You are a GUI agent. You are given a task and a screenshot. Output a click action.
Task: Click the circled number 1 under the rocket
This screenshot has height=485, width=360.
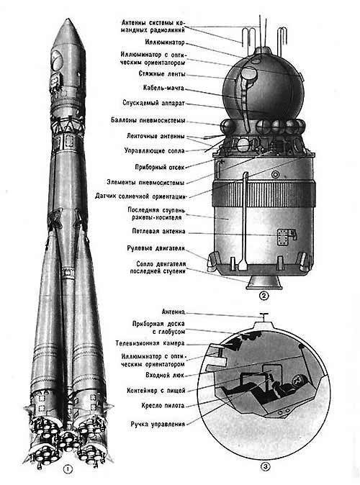(x=68, y=469)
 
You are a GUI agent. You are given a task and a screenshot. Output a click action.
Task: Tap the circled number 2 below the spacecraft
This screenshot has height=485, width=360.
(x=264, y=296)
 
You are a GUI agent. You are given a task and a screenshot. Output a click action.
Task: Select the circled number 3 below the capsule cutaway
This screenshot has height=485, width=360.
(x=265, y=466)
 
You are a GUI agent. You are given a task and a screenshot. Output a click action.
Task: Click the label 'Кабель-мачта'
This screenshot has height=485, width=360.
(x=163, y=88)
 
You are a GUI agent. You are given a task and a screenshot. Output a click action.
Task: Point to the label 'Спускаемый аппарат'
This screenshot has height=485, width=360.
(x=153, y=103)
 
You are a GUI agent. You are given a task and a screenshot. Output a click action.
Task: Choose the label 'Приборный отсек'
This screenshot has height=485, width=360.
(x=160, y=167)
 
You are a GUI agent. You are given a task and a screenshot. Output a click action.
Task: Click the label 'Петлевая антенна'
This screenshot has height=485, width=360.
(x=158, y=231)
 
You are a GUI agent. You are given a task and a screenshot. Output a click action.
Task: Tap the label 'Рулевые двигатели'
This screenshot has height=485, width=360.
(x=156, y=248)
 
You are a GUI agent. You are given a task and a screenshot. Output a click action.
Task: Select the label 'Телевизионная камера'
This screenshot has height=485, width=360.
(x=150, y=343)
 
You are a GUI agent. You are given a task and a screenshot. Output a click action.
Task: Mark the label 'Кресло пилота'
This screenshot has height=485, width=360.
(x=163, y=405)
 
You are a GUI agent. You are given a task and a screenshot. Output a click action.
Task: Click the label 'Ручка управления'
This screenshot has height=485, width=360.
(x=158, y=424)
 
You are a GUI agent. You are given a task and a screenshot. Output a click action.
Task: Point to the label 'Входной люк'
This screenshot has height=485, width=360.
(x=165, y=375)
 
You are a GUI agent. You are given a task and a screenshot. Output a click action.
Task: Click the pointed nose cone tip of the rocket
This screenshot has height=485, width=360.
(x=67, y=19)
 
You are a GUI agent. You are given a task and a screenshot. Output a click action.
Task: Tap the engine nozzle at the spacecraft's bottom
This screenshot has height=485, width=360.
(x=264, y=282)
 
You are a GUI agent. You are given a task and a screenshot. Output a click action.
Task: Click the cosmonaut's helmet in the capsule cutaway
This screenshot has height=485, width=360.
(x=299, y=380)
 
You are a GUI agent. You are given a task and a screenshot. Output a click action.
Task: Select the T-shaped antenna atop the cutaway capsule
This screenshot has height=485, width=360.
(x=264, y=317)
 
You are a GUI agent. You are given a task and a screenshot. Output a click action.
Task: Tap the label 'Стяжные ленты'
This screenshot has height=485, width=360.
(x=162, y=74)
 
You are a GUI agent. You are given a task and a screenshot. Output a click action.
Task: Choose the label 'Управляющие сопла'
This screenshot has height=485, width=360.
(x=154, y=150)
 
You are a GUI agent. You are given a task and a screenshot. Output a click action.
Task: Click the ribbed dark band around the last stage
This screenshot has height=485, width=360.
(x=264, y=194)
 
